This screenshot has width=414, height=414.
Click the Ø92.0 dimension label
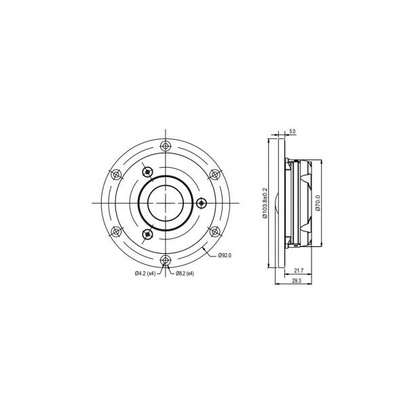point(226,255)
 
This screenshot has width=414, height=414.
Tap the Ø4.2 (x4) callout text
point(145,274)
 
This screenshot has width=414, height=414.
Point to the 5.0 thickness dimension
point(292,130)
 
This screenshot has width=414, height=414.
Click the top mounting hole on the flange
point(166,145)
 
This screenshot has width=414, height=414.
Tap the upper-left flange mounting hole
point(116,174)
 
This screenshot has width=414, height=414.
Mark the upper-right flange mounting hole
point(214,174)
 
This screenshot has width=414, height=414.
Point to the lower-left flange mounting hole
point(116,231)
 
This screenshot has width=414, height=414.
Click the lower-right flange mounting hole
point(214,231)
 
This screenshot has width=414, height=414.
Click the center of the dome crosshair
point(166,202)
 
